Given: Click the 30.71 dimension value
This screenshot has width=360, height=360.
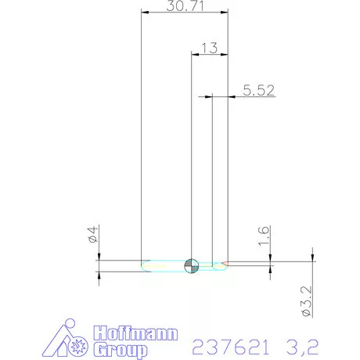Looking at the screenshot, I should click(183, 6).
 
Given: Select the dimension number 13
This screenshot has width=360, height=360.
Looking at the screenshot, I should click(208, 48).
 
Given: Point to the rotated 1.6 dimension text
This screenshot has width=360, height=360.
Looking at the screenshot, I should click(263, 234).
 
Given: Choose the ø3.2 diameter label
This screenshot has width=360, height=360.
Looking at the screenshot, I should click(308, 302).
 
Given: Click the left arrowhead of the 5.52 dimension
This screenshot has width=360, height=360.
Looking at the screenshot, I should click(211, 96).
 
